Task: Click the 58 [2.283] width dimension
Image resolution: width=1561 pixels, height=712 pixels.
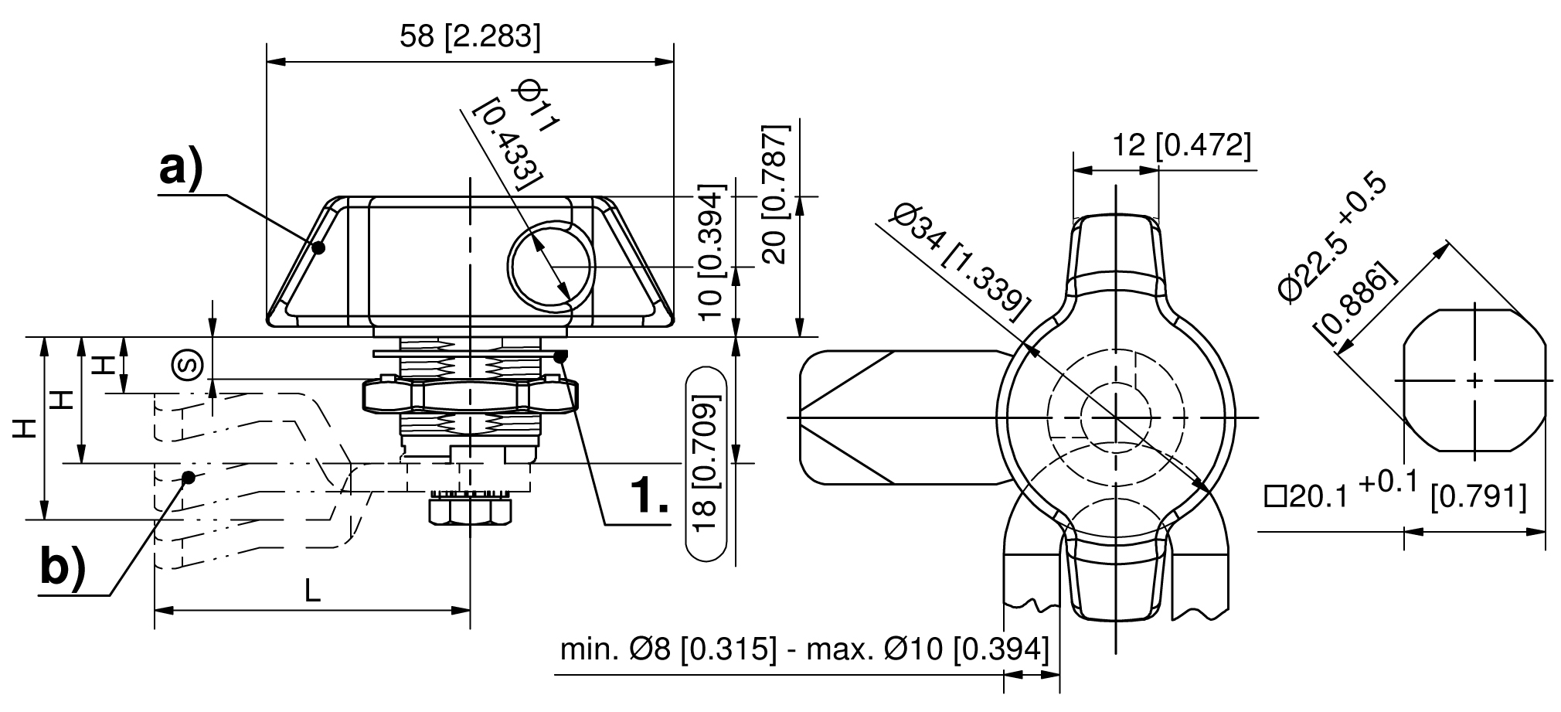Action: (470, 36)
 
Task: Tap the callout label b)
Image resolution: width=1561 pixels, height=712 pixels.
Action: (63, 568)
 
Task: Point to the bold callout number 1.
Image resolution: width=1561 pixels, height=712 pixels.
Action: (648, 496)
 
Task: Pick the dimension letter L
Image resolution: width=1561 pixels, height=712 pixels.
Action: (311, 591)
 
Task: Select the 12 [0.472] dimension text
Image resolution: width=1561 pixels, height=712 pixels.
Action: (1181, 145)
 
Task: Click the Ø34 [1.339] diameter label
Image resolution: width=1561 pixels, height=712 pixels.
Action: (959, 262)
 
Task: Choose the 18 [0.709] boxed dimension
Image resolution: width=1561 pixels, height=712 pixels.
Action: (706, 462)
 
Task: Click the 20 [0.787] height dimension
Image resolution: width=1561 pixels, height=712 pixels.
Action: (776, 194)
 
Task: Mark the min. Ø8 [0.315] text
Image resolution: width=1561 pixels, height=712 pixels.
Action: (668, 649)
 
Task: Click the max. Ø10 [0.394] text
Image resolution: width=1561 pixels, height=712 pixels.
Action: (927, 649)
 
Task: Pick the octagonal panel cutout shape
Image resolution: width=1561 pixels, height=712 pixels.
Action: (1474, 380)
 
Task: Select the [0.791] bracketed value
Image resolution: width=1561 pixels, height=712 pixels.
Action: (1478, 497)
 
